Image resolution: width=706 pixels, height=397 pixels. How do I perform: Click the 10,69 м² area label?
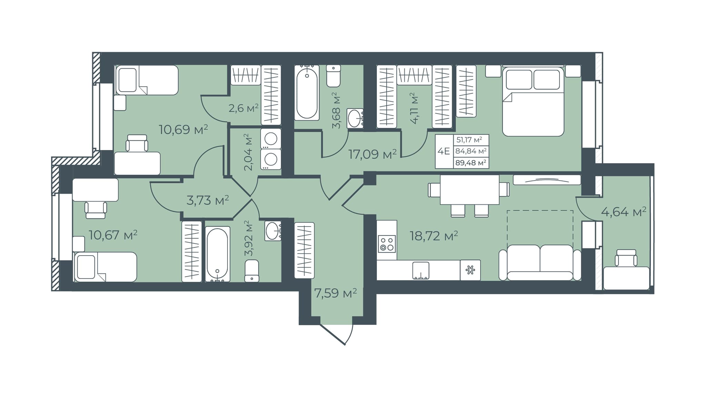[x=183, y=130]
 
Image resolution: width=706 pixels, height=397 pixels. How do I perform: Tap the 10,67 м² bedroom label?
[x=113, y=235]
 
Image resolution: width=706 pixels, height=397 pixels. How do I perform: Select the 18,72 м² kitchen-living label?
[x=434, y=236]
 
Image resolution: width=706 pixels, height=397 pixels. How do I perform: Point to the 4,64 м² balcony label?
[x=624, y=212]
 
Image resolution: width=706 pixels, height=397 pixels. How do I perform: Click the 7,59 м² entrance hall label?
[x=335, y=294]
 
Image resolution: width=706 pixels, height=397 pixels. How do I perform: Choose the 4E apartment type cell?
[x=444, y=151]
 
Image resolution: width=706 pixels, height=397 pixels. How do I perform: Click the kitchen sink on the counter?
[x=421, y=270]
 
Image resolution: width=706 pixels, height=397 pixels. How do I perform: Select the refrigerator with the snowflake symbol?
[x=470, y=270]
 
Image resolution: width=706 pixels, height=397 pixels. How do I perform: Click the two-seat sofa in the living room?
[x=540, y=262]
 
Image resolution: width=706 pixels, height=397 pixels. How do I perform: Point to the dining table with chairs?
[x=469, y=195]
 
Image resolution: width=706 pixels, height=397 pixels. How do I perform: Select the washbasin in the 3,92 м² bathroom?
[x=273, y=231]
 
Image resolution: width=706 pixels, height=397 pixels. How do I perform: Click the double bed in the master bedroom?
[x=533, y=101]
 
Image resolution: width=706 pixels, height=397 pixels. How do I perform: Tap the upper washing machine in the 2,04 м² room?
[x=271, y=139]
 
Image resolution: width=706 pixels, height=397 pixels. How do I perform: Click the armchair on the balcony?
[x=626, y=258]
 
